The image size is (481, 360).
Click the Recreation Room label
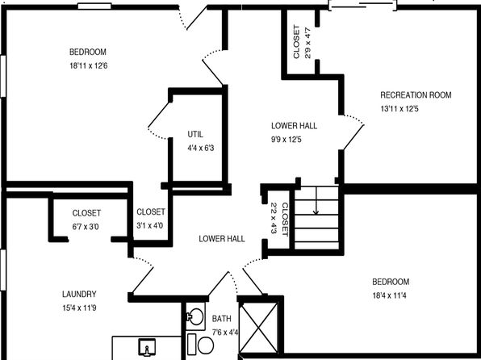(416, 95)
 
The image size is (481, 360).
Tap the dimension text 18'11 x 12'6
(89, 65)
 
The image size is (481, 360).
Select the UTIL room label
(195, 135)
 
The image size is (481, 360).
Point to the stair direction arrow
(316, 200)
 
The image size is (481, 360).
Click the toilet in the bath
(202, 345)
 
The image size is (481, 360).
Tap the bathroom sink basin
(195, 316)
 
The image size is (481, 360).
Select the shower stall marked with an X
(258, 328)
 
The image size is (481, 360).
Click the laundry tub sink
(147, 347)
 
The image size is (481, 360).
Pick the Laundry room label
(79, 294)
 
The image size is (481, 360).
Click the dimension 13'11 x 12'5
(399, 109)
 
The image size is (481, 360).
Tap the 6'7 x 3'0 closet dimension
(86, 227)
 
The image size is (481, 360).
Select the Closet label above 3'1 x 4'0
(151, 211)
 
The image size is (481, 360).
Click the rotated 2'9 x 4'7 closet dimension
(307, 43)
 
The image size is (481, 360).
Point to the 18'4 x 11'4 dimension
(389, 295)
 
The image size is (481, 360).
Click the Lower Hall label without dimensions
(222, 239)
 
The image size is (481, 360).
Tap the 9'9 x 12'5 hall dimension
(287, 140)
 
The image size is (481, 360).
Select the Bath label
(221, 319)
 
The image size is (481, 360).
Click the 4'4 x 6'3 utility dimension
(201, 149)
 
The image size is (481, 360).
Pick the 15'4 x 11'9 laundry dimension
(79, 308)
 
